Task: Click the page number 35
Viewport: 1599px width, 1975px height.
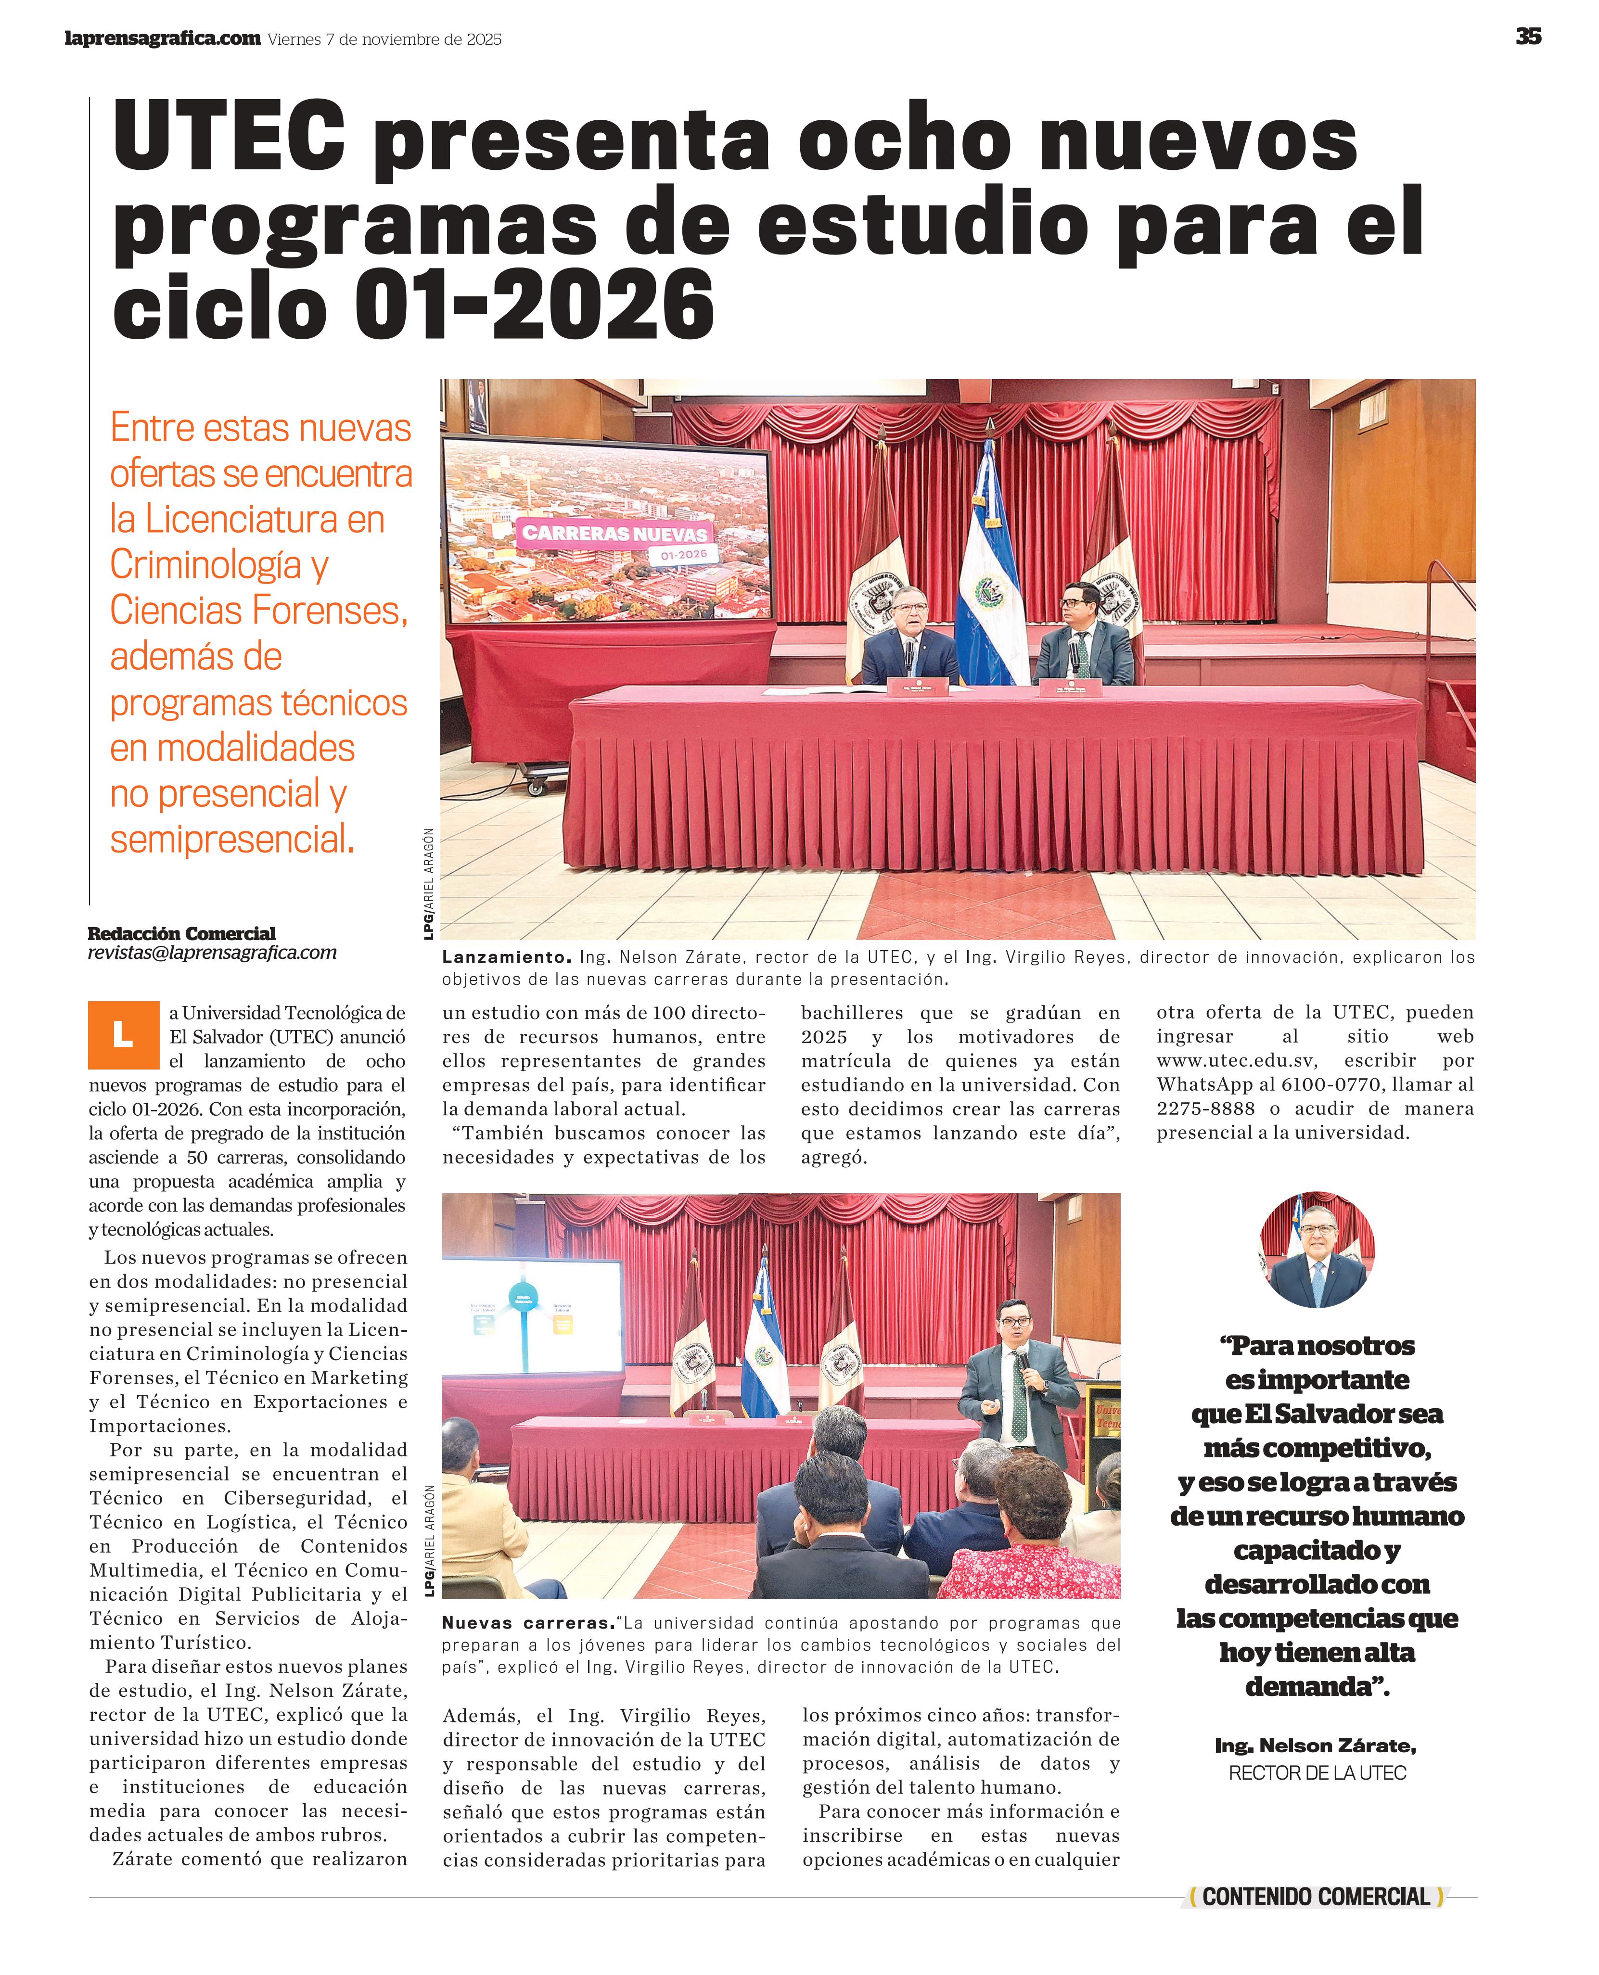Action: (x=1528, y=37)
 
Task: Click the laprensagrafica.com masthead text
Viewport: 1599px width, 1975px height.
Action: (x=162, y=38)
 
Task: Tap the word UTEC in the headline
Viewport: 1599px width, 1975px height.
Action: (x=229, y=138)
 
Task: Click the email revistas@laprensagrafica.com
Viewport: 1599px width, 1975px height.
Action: (x=212, y=953)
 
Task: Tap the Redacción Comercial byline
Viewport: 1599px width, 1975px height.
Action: (x=181, y=934)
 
